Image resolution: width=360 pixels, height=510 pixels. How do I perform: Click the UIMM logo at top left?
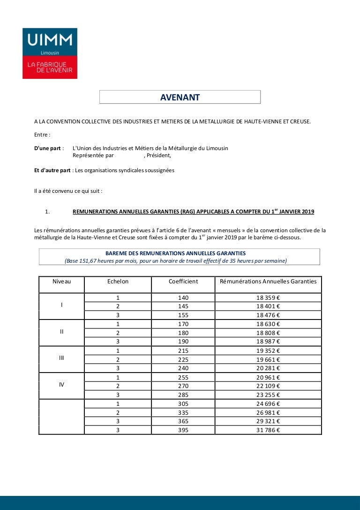click(x=50, y=53)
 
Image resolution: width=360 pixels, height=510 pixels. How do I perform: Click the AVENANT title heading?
click(x=180, y=98)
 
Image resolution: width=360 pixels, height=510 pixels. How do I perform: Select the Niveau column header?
click(x=61, y=282)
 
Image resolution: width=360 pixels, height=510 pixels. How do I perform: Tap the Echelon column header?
click(x=118, y=282)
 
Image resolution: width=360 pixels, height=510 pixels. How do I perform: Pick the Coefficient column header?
click(x=183, y=282)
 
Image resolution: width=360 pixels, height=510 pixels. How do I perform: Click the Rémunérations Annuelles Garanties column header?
click(x=268, y=282)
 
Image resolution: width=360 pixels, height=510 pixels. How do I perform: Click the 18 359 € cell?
click(x=268, y=297)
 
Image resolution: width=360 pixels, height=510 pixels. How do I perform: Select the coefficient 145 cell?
click(x=183, y=306)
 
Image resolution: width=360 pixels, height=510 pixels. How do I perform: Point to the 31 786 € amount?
click(x=268, y=430)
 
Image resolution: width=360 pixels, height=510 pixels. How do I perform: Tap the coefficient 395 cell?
click(x=183, y=430)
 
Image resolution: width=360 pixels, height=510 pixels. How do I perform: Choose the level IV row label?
click(x=61, y=385)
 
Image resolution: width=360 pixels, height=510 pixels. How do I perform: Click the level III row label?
click(x=61, y=358)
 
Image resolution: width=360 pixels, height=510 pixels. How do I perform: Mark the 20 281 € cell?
click(x=268, y=368)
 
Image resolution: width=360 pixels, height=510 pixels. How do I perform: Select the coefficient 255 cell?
click(x=183, y=377)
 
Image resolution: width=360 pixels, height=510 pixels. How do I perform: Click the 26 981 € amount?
click(x=268, y=412)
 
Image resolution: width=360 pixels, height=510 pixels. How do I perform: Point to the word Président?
click(x=159, y=156)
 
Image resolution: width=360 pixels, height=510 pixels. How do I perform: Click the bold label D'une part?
click(x=45, y=148)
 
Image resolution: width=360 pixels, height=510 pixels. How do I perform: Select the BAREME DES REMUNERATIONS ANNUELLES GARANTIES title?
click(x=175, y=253)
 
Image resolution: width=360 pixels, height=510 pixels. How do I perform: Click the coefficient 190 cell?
click(x=183, y=342)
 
